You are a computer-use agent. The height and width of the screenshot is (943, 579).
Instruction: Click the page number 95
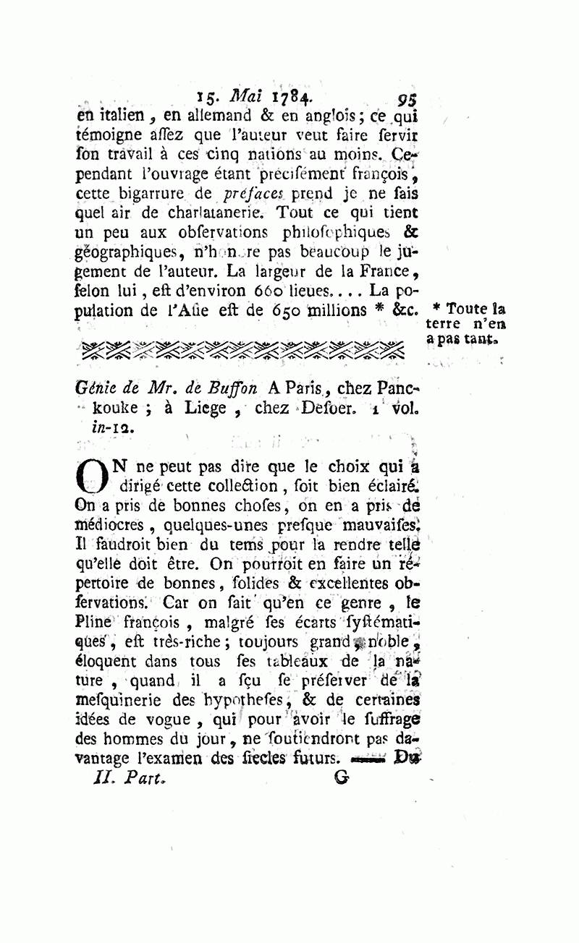pyautogui.click(x=406, y=98)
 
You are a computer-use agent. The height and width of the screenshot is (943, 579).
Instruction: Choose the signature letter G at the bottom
pyautogui.click(x=342, y=777)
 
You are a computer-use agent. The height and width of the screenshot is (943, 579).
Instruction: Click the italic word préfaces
pyautogui.click(x=245, y=194)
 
